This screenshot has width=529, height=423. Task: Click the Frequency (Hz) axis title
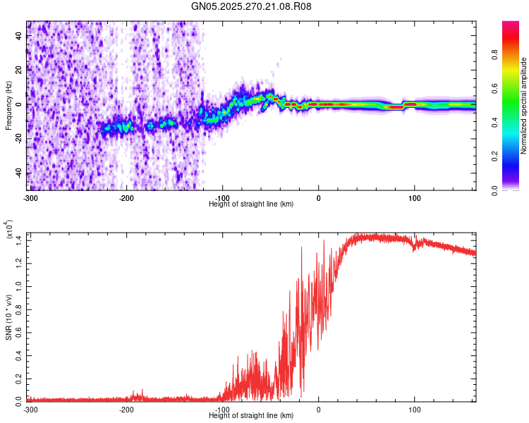pos(8,106)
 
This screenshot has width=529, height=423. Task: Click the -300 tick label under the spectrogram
pos(30,197)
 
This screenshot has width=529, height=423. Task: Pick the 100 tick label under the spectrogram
pos(414,197)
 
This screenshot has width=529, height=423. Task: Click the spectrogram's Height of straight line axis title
pos(251,204)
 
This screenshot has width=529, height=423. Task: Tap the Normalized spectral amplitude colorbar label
pos(523,106)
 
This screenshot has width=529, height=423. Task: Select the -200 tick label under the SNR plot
pos(126,410)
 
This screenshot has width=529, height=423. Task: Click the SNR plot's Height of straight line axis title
pos(251,416)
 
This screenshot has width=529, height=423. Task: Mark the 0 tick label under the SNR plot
pos(318,410)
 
